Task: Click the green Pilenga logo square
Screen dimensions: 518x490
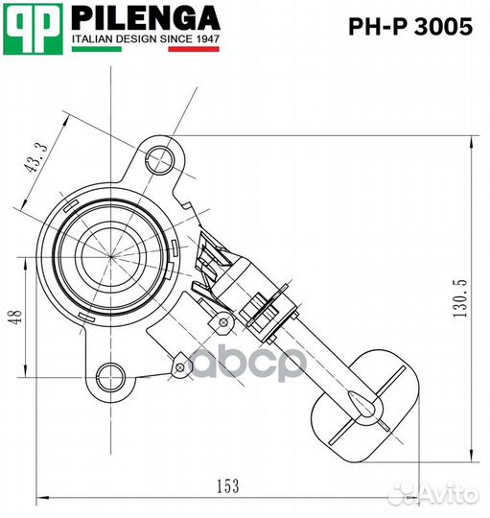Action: click(32, 26)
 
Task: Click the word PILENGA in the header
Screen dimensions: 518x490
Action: click(146, 17)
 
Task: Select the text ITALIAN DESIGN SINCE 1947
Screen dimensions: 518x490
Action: click(146, 39)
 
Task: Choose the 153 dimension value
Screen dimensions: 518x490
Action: click(227, 486)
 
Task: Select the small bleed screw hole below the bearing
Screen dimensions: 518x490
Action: click(179, 364)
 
